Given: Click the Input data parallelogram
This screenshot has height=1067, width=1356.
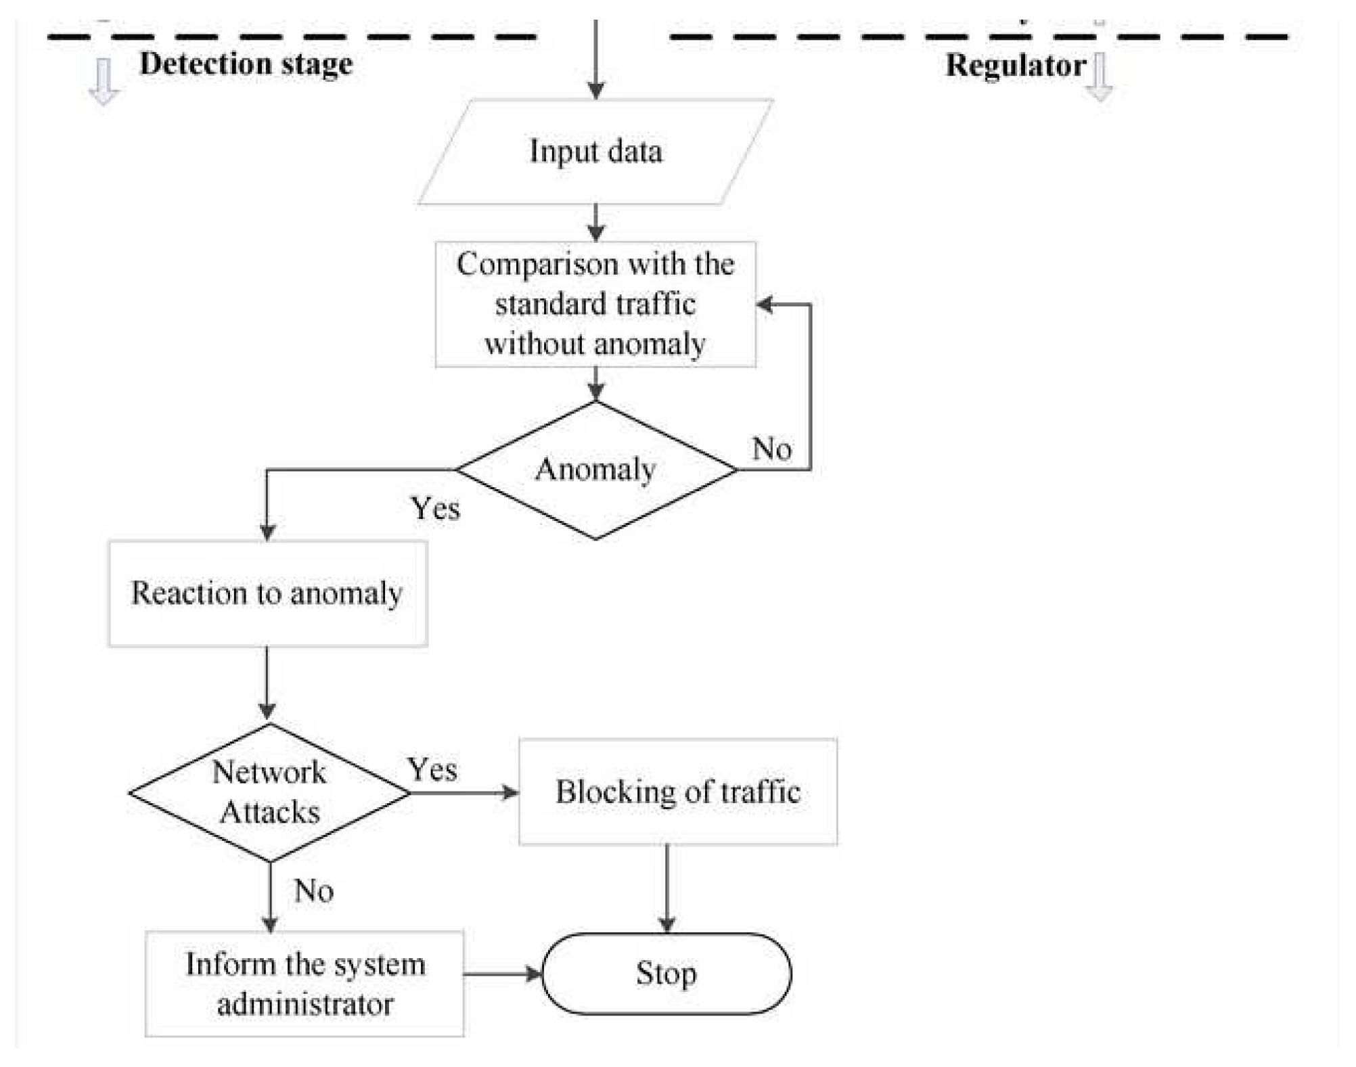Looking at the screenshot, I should [x=595, y=152].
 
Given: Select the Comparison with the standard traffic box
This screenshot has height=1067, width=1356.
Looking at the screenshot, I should [x=595, y=304].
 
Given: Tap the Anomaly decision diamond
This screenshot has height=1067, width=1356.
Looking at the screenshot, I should [x=595, y=470].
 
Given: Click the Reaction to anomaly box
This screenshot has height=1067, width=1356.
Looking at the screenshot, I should [x=267, y=593].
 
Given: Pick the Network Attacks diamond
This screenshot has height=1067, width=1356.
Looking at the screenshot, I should [x=269, y=792].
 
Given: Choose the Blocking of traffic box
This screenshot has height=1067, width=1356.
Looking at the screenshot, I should [x=677, y=792].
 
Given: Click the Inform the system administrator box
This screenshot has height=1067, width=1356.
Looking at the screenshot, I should [x=304, y=983].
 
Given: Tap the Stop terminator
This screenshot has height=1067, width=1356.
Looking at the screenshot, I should [x=666, y=974].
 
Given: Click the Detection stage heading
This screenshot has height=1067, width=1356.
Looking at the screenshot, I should [x=246, y=64].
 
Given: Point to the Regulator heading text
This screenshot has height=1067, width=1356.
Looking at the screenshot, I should [x=1015, y=66].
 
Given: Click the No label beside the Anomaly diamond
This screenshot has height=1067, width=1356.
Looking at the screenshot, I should [x=771, y=449].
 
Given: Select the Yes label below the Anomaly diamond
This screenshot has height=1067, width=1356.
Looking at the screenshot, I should [x=435, y=508].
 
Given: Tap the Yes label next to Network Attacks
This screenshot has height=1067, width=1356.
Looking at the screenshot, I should [x=432, y=769].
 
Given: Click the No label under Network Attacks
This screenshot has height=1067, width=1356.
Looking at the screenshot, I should [x=313, y=890].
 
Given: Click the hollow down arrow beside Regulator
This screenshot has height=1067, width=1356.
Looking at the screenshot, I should [x=1100, y=77].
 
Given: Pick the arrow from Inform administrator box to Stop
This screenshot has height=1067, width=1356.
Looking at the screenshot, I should [x=503, y=974].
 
